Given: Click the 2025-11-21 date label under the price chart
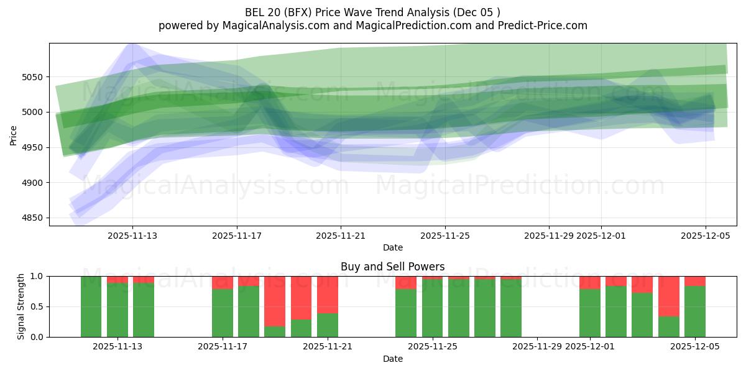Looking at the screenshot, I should pyautogui.click(x=341, y=236).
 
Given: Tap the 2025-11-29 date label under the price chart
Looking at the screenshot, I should pyautogui.click(x=549, y=236).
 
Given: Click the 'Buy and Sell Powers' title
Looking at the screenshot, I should pyautogui.click(x=392, y=267).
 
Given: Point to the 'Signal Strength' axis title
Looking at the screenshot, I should pyautogui.click(x=21, y=306).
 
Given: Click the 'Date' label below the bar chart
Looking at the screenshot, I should pyautogui.click(x=392, y=359).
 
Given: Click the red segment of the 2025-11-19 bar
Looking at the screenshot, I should pyautogui.click(x=275, y=301).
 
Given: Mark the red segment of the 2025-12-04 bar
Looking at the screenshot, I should pyautogui.click(x=669, y=296).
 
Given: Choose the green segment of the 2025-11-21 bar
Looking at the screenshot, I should pyautogui.click(x=328, y=325).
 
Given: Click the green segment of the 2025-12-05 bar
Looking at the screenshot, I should pyautogui.click(x=695, y=311).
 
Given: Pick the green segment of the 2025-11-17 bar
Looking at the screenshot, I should pyautogui.click(x=223, y=313).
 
